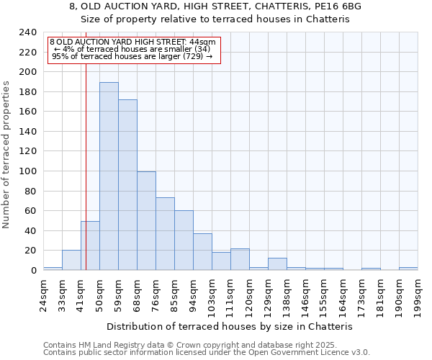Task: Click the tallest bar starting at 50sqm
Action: [109, 176]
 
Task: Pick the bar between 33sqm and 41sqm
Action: [71, 260]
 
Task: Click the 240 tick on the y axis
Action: [28, 32]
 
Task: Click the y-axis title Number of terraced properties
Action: [6, 155]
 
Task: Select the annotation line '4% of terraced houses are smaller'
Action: [132, 49]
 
